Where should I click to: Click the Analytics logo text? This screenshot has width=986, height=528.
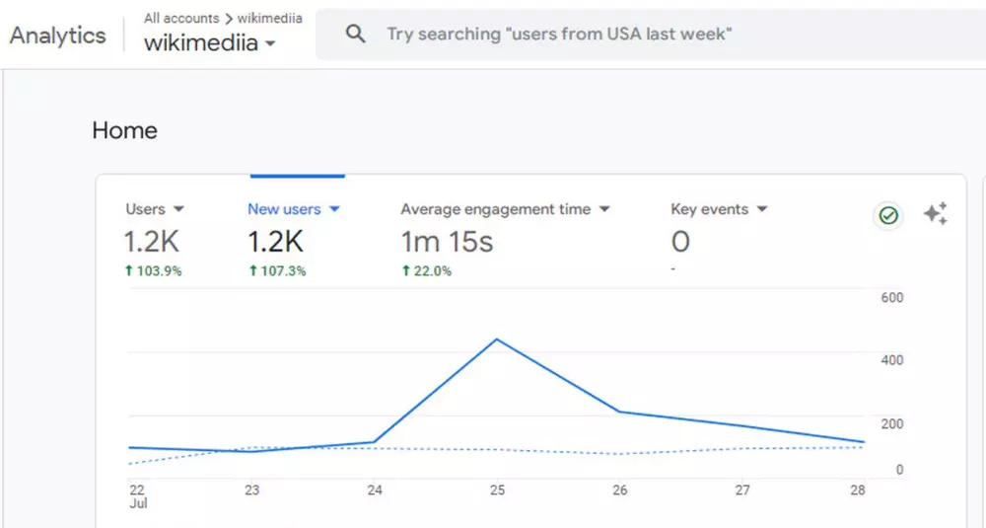coord(57,36)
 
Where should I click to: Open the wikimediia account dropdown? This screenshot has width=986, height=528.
coord(209,43)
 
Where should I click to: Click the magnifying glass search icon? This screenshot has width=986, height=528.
coord(355,34)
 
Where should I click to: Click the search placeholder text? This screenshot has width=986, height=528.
coord(558,34)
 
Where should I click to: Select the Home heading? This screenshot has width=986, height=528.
coord(124,130)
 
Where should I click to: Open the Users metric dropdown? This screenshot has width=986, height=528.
coord(155,209)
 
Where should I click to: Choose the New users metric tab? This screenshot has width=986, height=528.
coord(293,209)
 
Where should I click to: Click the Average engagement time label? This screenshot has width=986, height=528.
coord(495,209)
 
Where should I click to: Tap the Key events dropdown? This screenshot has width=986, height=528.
coord(719,209)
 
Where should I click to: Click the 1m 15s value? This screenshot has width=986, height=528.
coord(447,241)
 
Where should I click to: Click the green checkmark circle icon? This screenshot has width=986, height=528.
coord(888,215)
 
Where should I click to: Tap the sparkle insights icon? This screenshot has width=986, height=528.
coord(935,214)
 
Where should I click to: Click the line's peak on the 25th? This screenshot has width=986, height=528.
coord(497,339)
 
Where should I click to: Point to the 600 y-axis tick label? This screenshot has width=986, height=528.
coord(891,297)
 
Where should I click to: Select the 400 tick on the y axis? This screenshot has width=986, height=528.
coord(891,360)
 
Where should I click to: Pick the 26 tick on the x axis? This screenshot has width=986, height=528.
coord(620,490)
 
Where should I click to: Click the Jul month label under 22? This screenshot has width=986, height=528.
coord(137,503)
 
